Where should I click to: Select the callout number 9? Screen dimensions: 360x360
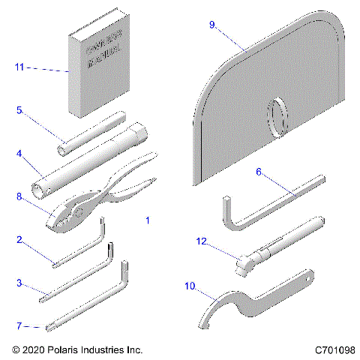pyautogui.click(x=212, y=25)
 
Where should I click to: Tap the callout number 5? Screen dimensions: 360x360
pyautogui.click(x=19, y=109)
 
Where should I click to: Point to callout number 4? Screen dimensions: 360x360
pyautogui.click(x=19, y=155)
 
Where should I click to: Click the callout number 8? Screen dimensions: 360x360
pyautogui.click(x=19, y=196)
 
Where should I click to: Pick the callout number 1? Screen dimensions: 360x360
pyautogui.click(x=148, y=221)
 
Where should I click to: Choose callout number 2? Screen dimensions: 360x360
pyautogui.click(x=19, y=240)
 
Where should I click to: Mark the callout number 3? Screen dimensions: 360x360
pyautogui.click(x=19, y=283)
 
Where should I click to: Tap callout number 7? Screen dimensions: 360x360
pyautogui.click(x=19, y=326)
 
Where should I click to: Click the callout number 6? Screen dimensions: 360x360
pyautogui.click(x=258, y=171)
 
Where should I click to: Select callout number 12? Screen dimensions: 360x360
pyautogui.click(x=200, y=241)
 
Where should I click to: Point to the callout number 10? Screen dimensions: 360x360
pyautogui.click(x=189, y=286)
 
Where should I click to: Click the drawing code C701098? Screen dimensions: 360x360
pyautogui.click(x=335, y=349)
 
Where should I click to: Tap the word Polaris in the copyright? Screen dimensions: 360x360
pyautogui.click(x=70, y=349)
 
